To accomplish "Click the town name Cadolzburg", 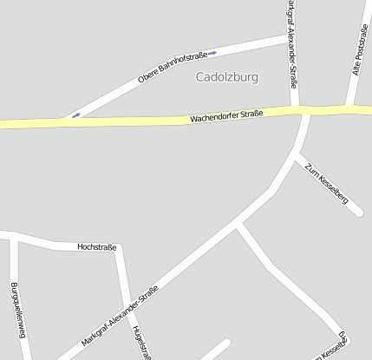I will point(227,76).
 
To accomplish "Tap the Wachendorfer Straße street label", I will point(226,115).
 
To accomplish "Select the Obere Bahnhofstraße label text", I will point(172,68).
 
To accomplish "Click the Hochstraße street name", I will point(96,247).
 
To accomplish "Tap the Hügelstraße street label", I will point(136,343).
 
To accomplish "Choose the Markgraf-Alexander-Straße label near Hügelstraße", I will point(120,317).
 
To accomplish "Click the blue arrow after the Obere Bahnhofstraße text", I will point(212,53).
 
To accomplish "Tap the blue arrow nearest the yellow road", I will point(76,115).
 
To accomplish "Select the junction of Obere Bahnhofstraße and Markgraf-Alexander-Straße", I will point(287,37).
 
